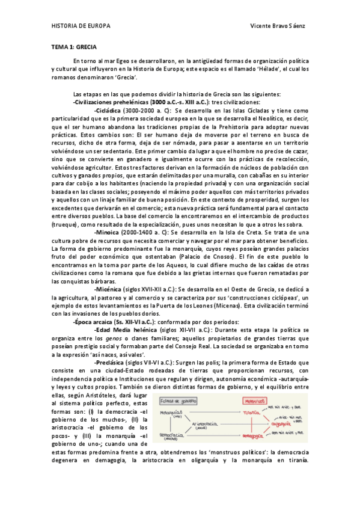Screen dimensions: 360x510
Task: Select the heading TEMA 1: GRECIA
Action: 74,46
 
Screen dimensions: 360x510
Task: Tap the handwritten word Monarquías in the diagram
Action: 172,413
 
